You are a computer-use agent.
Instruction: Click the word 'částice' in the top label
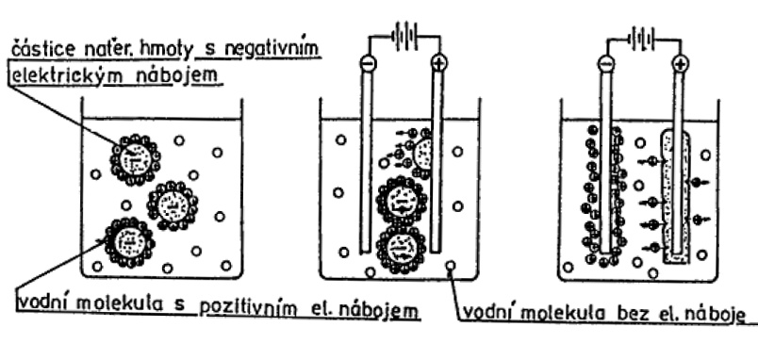pyautogui.click(x=37, y=49)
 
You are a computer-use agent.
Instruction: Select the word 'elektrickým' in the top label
pyautogui.click(x=57, y=77)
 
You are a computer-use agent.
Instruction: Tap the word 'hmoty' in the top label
pyautogui.click(x=167, y=50)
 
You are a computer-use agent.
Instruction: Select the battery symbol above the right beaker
pyautogui.click(x=642, y=39)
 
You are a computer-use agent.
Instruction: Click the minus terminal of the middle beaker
pyautogui.click(x=367, y=63)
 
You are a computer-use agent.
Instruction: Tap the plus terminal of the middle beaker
pyautogui.click(x=439, y=63)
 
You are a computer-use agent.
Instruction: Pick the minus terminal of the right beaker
pyautogui.click(x=605, y=64)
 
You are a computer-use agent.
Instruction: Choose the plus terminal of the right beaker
pyautogui.click(x=680, y=64)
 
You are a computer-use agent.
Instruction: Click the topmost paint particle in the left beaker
pyautogui.click(x=136, y=159)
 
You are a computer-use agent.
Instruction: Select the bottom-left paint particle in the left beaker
pyautogui.click(x=129, y=242)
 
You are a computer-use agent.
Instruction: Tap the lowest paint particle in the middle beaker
pyautogui.click(x=403, y=250)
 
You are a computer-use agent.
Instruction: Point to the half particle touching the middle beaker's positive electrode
pyautogui.click(x=421, y=153)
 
